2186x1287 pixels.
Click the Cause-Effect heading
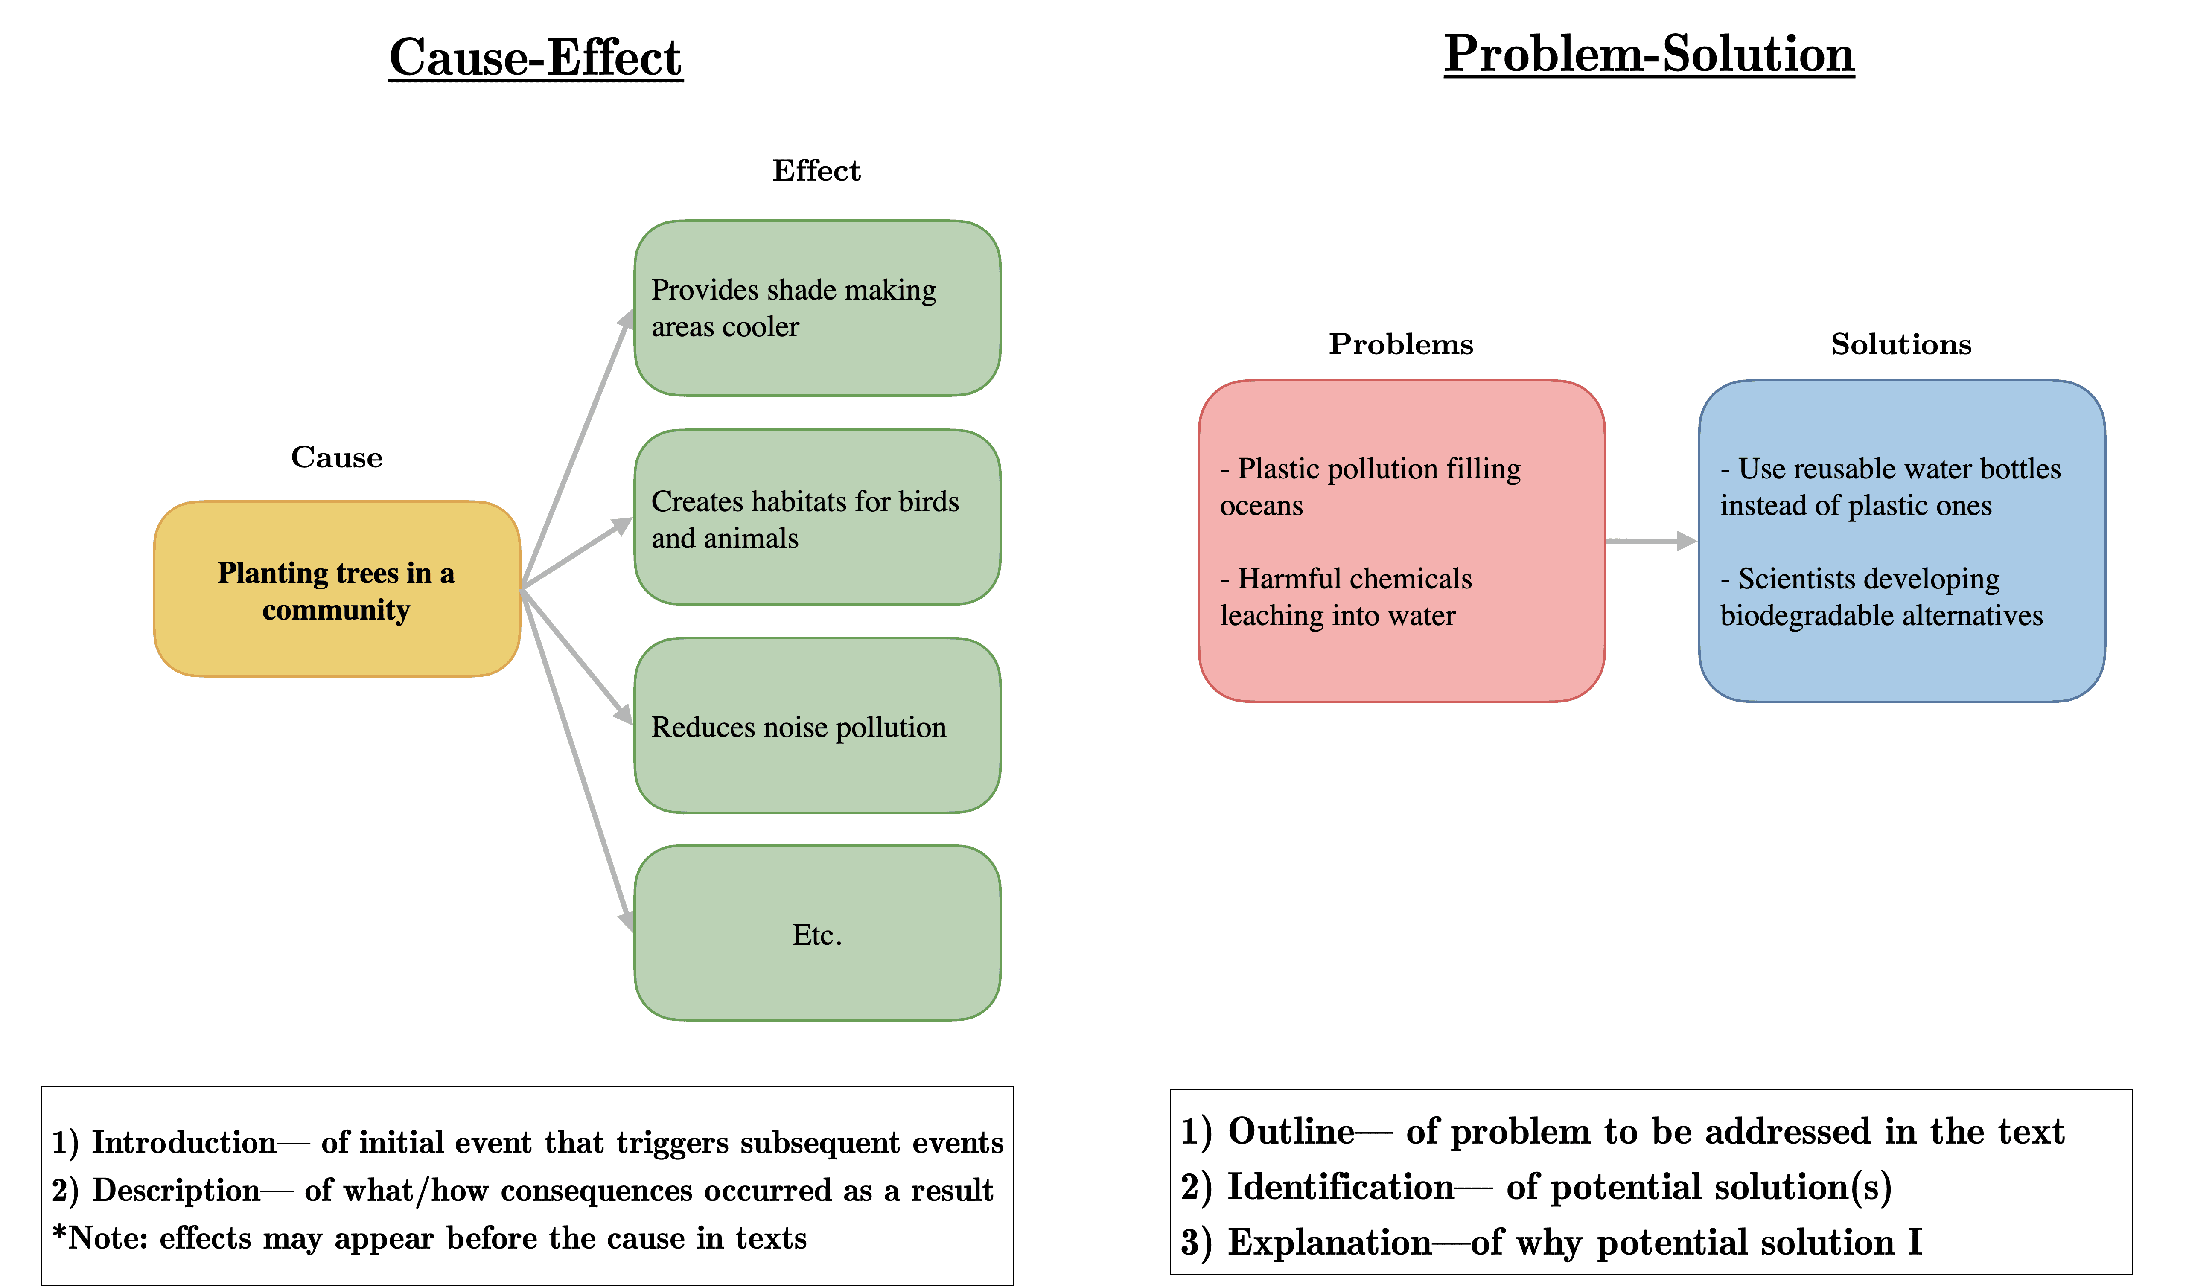tap(536, 58)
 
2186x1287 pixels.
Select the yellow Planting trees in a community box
tap(337, 589)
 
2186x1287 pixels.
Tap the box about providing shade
tap(817, 308)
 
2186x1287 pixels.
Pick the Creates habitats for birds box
tap(817, 517)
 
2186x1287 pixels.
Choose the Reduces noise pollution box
tap(817, 725)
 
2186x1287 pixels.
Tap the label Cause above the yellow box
tap(337, 457)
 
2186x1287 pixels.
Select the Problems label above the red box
tap(1401, 344)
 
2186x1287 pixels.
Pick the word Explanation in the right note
tap(1329, 1242)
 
